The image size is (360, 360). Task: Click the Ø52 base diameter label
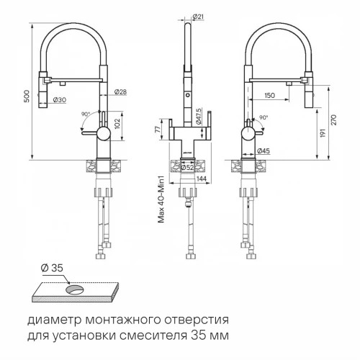pos(186,166)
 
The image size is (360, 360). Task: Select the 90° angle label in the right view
pos(263,117)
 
